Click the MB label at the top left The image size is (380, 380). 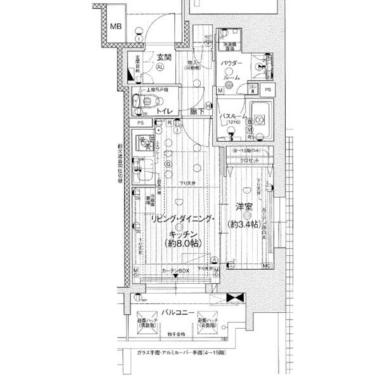tap(115, 27)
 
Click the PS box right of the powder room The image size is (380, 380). tap(268, 90)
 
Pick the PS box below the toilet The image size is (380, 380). tap(140, 122)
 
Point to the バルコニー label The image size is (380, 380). tap(177, 312)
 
